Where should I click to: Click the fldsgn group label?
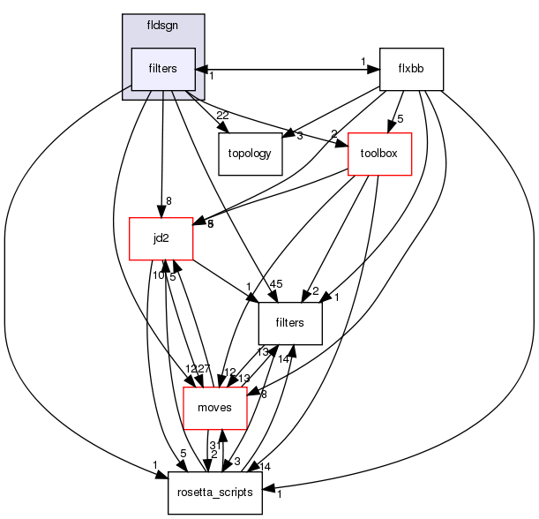pyautogui.click(x=162, y=26)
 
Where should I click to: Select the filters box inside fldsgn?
pyautogui.click(x=162, y=69)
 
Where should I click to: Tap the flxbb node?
pyautogui.click(x=410, y=69)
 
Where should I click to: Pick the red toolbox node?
pyautogui.click(x=380, y=154)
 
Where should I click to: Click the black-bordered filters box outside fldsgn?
pyautogui.click(x=289, y=322)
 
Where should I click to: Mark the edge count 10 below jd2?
pyautogui.click(x=157, y=275)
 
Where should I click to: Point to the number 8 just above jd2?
pyautogui.click(x=168, y=200)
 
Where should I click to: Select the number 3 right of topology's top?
pyautogui.click(x=300, y=135)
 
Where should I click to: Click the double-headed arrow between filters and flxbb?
pyautogui.click(x=287, y=69)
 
